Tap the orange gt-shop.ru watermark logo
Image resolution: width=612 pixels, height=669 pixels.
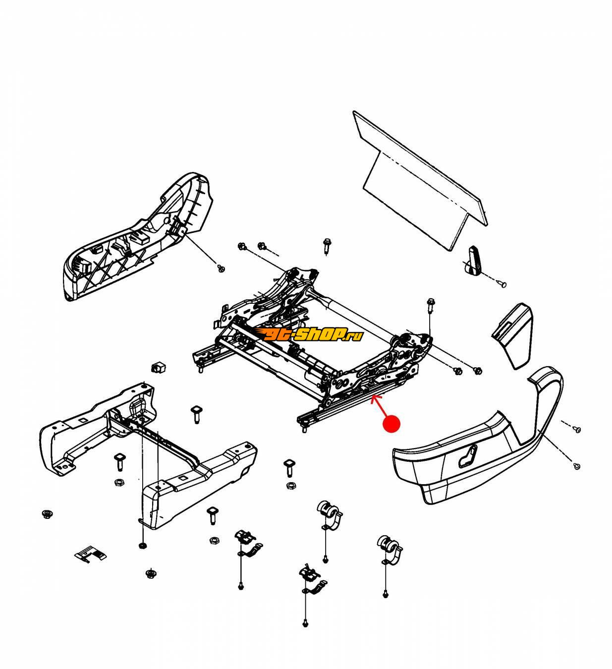click(312, 335)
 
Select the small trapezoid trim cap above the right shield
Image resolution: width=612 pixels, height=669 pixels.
click(512, 335)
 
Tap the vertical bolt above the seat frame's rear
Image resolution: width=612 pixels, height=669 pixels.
click(327, 246)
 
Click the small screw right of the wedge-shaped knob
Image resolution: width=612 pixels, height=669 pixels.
click(501, 284)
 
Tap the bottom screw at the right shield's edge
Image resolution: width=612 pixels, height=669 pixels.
click(576, 466)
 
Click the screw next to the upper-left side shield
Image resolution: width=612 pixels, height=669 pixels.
click(221, 268)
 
